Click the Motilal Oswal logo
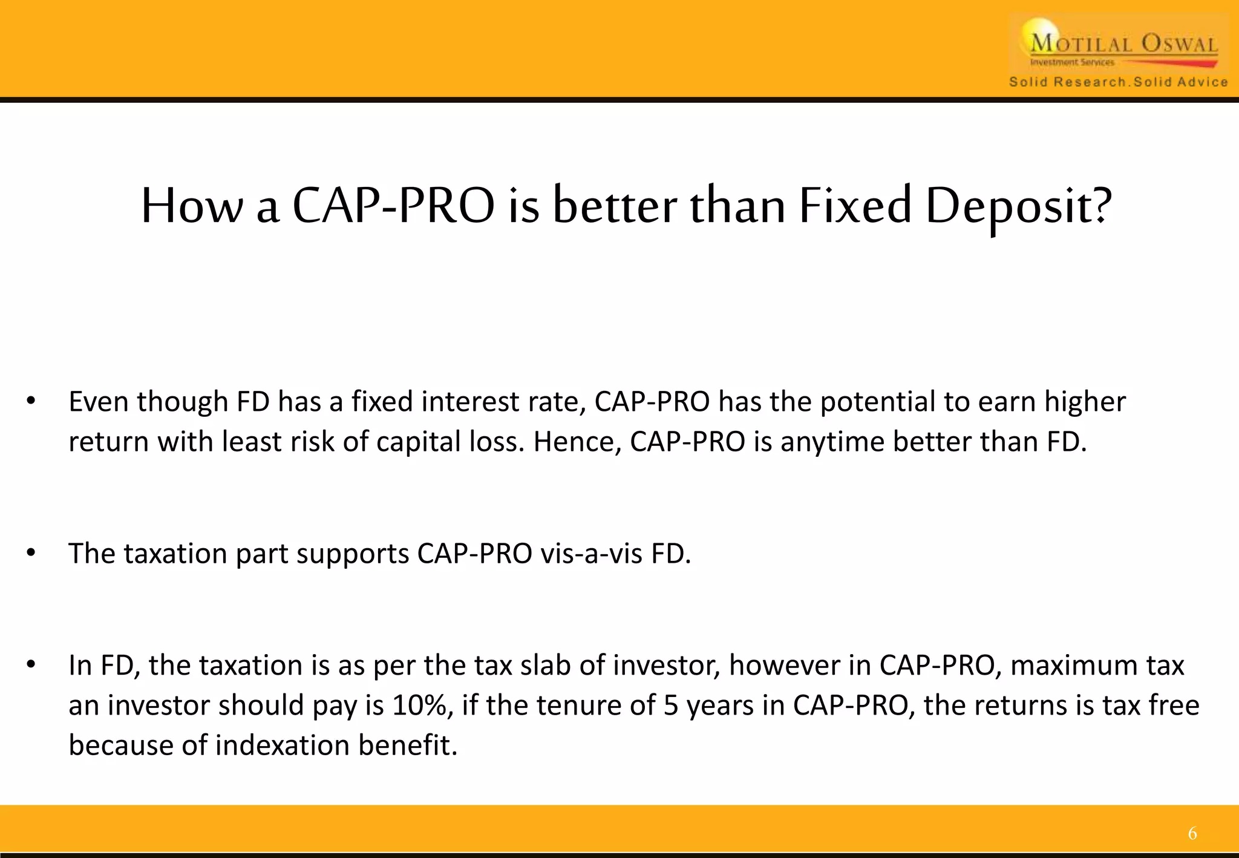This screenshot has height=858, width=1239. pyautogui.click(x=1119, y=45)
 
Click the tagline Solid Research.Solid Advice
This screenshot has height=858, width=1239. pyautogui.click(x=1118, y=82)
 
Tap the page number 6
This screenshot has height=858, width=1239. pyautogui.click(x=1192, y=834)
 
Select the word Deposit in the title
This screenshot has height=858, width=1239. pyautogui.click(x=1009, y=206)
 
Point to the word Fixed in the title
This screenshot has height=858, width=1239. pyautogui.click(x=854, y=206)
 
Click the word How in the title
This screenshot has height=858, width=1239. pyautogui.click(x=191, y=206)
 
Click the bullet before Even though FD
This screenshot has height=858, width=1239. pyautogui.click(x=31, y=401)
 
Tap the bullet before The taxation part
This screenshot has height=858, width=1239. pyautogui.click(x=31, y=553)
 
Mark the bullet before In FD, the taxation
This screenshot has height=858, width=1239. pyautogui.click(x=31, y=665)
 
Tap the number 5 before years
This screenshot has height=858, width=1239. pyautogui.click(x=670, y=706)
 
